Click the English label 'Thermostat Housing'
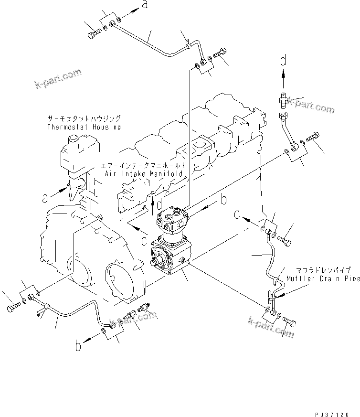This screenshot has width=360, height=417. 84,127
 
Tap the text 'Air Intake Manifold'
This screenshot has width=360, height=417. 144,174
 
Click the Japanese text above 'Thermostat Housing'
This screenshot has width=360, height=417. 84,118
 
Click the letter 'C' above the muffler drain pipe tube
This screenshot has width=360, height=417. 237,215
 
